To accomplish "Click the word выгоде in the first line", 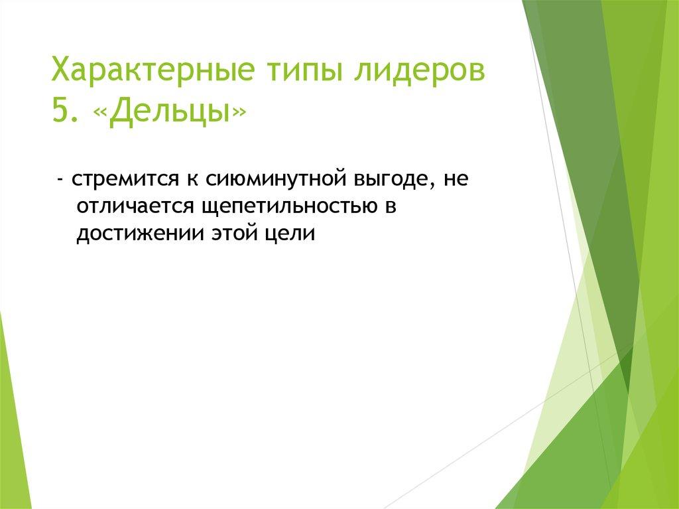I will [x=392, y=181].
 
